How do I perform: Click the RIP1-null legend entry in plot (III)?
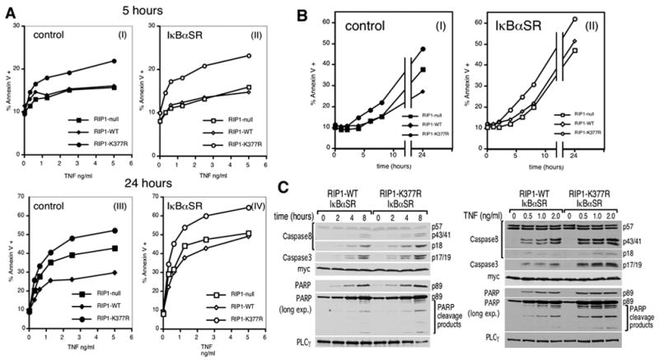[113, 294]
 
